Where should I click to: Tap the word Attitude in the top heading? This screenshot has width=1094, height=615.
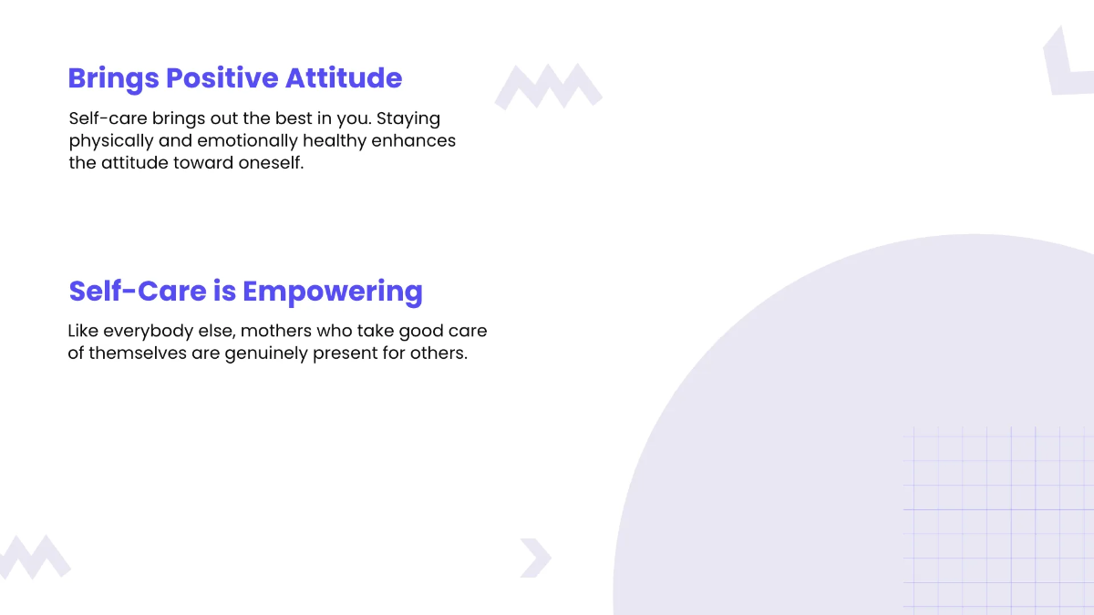coord(344,78)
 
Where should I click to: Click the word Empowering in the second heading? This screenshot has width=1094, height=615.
coord(333,292)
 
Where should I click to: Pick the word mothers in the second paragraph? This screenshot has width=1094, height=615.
coord(276,331)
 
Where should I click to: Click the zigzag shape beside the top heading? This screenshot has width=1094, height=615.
coord(548,87)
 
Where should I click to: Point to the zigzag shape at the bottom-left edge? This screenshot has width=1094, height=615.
coord(34,556)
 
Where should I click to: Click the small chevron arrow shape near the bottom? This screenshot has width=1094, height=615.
coord(535,558)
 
